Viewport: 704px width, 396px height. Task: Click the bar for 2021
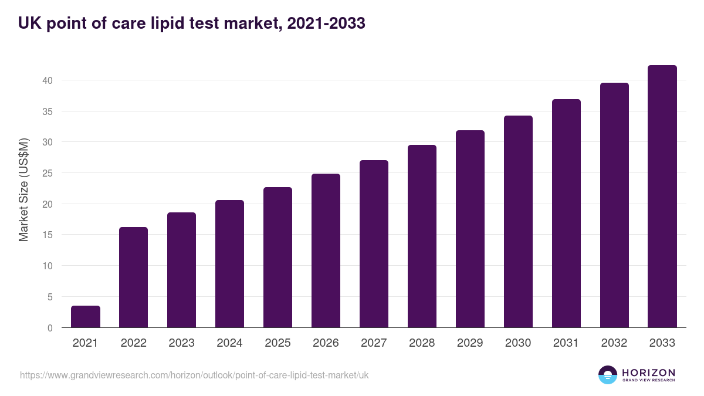tap(86, 317)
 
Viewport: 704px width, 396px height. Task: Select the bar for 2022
tap(134, 277)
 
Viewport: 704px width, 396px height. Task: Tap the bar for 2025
tap(277, 258)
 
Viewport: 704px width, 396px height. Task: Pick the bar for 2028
tap(422, 236)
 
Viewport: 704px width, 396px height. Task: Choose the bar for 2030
tap(518, 222)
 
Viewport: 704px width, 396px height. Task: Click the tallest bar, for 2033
tap(662, 197)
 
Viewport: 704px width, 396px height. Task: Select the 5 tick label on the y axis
tap(50, 297)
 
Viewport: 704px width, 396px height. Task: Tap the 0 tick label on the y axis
tap(50, 328)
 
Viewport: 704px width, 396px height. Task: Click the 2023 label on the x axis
tap(181, 343)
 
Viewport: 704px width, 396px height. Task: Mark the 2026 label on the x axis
tap(326, 343)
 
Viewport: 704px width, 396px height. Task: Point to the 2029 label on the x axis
tap(470, 343)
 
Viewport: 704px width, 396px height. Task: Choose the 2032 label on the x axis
tap(614, 343)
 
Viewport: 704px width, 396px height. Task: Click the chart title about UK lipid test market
tap(192, 23)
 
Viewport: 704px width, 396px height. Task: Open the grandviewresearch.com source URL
tap(194, 375)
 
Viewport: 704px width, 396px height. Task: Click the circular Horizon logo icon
tap(608, 375)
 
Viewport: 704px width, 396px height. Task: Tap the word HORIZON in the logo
tap(648, 373)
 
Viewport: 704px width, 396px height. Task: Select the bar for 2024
tap(229, 264)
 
